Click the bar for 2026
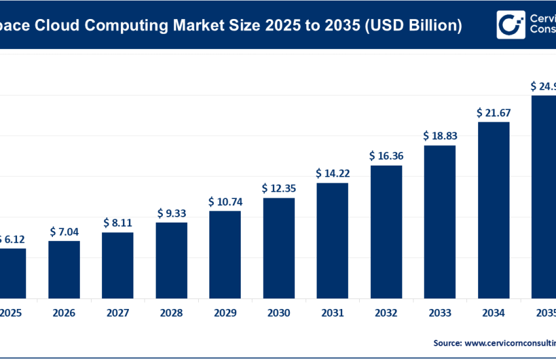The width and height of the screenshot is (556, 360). click(x=64, y=269)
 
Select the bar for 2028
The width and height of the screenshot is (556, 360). click(x=171, y=260)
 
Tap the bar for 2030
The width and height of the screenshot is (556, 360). click(x=279, y=247)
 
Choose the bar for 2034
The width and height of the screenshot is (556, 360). click(x=493, y=209)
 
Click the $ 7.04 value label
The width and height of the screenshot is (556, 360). click(x=64, y=231)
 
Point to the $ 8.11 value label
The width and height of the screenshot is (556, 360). click(x=118, y=223)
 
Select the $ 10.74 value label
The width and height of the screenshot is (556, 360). click(x=225, y=202)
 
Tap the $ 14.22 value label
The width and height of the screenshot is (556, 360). click(x=332, y=173)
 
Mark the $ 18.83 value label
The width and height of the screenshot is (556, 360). click(x=440, y=135)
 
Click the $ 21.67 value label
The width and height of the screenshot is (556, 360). click(x=493, y=113)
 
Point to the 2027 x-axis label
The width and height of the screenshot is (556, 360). click(x=118, y=314)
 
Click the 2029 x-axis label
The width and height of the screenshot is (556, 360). click(x=225, y=314)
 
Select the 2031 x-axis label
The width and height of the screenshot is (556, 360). click(x=332, y=314)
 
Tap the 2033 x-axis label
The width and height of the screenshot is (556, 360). click(x=440, y=314)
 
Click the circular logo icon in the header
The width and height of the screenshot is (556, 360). click(x=510, y=25)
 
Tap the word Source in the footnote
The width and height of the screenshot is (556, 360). click(x=448, y=342)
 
